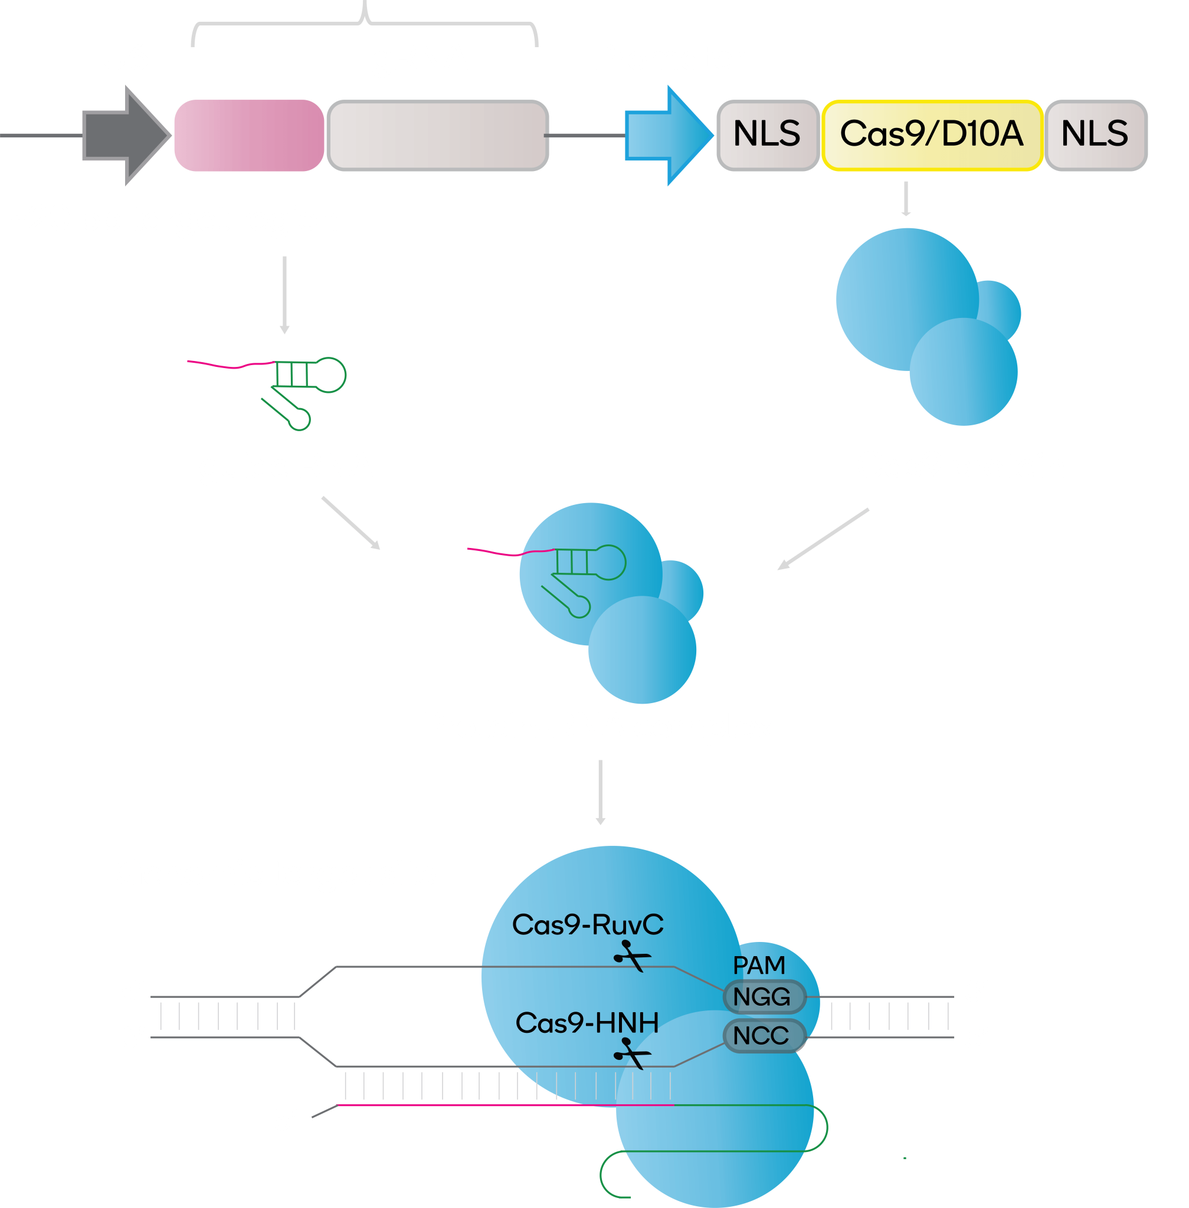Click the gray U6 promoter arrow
pos(125,136)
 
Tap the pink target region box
pos(248,136)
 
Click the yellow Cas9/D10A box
pos(932,135)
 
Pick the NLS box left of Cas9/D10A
pos(767,135)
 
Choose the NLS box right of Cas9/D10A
pos(1095,135)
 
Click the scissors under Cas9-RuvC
pos(632,956)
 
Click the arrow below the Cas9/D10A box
pos(906,199)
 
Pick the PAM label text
pos(759,965)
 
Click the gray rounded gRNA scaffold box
pos(437,136)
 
